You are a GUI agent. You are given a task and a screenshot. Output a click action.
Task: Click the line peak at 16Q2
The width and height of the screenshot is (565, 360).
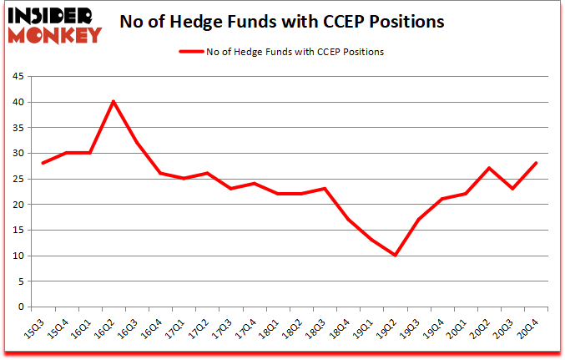pyautogui.click(x=113, y=102)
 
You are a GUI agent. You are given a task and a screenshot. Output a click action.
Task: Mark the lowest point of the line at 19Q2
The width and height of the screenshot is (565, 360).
pyautogui.click(x=395, y=255)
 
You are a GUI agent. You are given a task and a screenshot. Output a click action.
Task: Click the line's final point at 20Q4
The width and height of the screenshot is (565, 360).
pyautogui.click(x=536, y=163)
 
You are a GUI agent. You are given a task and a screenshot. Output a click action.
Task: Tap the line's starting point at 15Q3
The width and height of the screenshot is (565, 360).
pyautogui.click(x=42, y=163)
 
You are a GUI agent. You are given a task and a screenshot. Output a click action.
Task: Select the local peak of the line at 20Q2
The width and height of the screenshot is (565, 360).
pyautogui.click(x=489, y=168)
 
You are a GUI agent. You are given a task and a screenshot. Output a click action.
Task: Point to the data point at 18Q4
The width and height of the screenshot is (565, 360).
pyautogui.click(x=348, y=220)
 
